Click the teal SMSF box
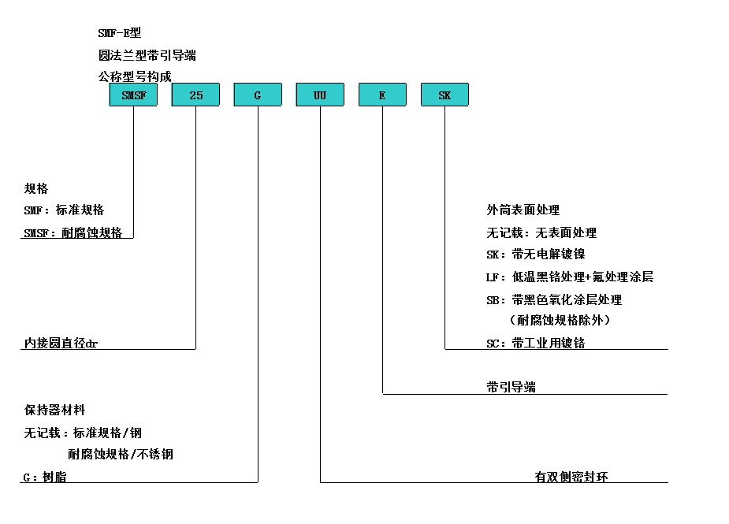click(x=133, y=95)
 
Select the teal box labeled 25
click(x=195, y=95)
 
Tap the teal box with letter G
click(x=258, y=95)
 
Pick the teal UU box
click(x=320, y=95)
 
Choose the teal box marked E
click(x=383, y=95)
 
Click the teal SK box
click(x=445, y=95)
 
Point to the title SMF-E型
click(x=120, y=33)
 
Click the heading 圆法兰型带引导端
click(x=147, y=55)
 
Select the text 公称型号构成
click(x=135, y=76)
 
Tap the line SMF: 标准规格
click(x=64, y=210)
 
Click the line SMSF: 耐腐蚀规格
click(x=73, y=232)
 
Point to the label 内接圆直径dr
click(x=61, y=343)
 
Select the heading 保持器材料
click(x=55, y=410)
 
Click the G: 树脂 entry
click(x=45, y=477)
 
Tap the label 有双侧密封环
click(x=571, y=477)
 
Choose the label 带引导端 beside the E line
click(x=511, y=387)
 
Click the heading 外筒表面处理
click(x=523, y=210)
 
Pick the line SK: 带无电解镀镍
click(x=536, y=255)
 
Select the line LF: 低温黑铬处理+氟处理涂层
click(x=570, y=277)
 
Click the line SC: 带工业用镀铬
click(x=536, y=343)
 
